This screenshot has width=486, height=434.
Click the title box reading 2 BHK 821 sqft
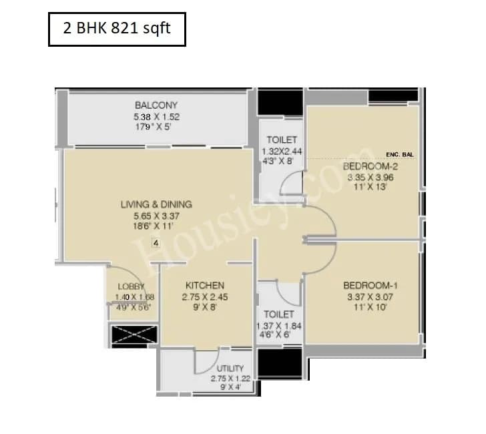tap(117, 31)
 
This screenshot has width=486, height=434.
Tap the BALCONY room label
tap(156, 105)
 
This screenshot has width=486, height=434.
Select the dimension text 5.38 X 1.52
tap(156, 116)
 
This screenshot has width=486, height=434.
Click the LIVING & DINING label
tap(156, 204)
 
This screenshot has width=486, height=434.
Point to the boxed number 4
tap(156, 244)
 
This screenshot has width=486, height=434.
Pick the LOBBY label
tap(131, 286)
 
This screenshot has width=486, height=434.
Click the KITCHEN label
tap(205, 285)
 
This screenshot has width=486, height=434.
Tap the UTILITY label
tap(230, 368)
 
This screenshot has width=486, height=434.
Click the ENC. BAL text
tap(400, 154)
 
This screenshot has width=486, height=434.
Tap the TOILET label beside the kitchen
tap(278, 314)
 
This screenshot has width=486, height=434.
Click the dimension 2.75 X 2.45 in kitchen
tap(206, 296)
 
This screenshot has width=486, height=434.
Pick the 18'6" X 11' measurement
tap(156, 226)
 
